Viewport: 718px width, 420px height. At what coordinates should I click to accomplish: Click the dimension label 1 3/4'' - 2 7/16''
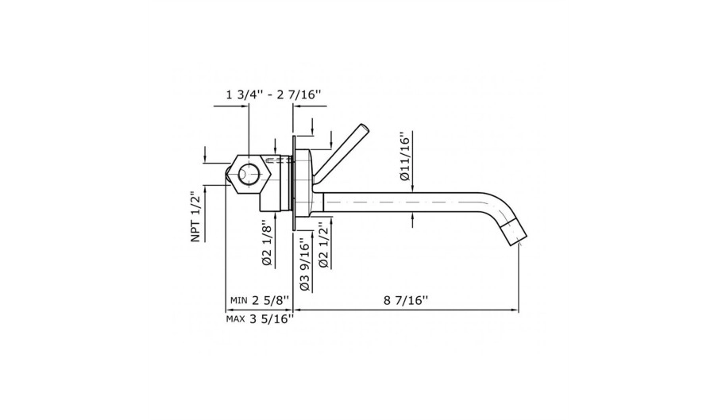(x=273, y=94)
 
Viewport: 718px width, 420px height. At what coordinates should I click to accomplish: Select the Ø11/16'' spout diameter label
(x=405, y=157)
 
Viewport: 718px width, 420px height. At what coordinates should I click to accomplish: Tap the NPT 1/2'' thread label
(x=196, y=217)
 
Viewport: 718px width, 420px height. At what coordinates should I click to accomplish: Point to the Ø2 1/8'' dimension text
(x=267, y=245)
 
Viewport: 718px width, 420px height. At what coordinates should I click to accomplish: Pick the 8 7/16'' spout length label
(x=406, y=301)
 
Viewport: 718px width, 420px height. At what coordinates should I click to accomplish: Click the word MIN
(x=238, y=301)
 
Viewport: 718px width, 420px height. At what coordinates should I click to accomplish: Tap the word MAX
(x=236, y=319)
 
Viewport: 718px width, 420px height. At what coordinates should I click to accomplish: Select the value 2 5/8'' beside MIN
(x=271, y=300)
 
